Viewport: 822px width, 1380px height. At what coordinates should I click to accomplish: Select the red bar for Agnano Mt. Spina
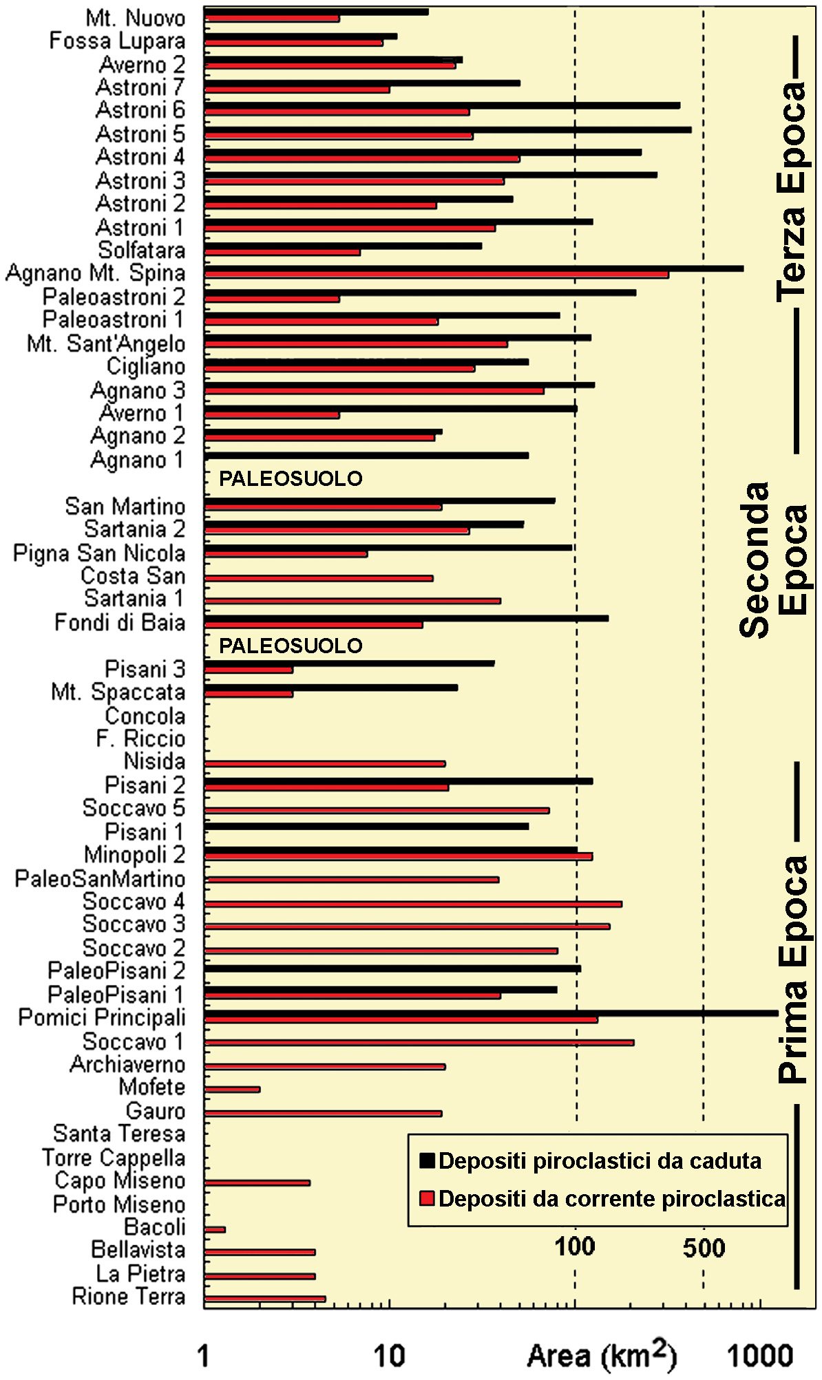[x=436, y=275]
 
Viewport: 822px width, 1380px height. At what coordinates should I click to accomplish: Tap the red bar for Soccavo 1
[x=419, y=1043]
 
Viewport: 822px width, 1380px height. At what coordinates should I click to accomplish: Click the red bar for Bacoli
[x=215, y=1229]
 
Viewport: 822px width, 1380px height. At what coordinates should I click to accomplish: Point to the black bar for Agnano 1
[x=366, y=456]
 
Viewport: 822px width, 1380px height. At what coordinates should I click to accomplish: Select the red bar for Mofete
[x=232, y=1090]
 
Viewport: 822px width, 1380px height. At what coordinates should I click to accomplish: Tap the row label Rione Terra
[x=128, y=1297]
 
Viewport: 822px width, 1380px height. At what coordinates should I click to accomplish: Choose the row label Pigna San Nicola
[x=99, y=553]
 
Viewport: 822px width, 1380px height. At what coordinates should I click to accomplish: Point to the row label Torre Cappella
[x=114, y=1158]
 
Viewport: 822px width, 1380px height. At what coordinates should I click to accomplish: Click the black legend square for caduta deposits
[x=427, y=1161]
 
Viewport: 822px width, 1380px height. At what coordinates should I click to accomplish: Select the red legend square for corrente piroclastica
[x=427, y=1198]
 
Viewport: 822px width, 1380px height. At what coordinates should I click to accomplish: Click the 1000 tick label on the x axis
[x=760, y=1356]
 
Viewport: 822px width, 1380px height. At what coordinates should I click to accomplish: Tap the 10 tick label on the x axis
[x=389, y=1356]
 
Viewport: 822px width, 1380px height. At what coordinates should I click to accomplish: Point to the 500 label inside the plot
[x=704, y=1248]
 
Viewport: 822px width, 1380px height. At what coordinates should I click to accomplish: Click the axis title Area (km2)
[x=601, y=1356]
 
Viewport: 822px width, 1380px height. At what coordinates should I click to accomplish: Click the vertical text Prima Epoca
[x=792, y=970]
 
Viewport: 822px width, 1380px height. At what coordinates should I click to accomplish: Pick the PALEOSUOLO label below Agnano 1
[x=291, y=479]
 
